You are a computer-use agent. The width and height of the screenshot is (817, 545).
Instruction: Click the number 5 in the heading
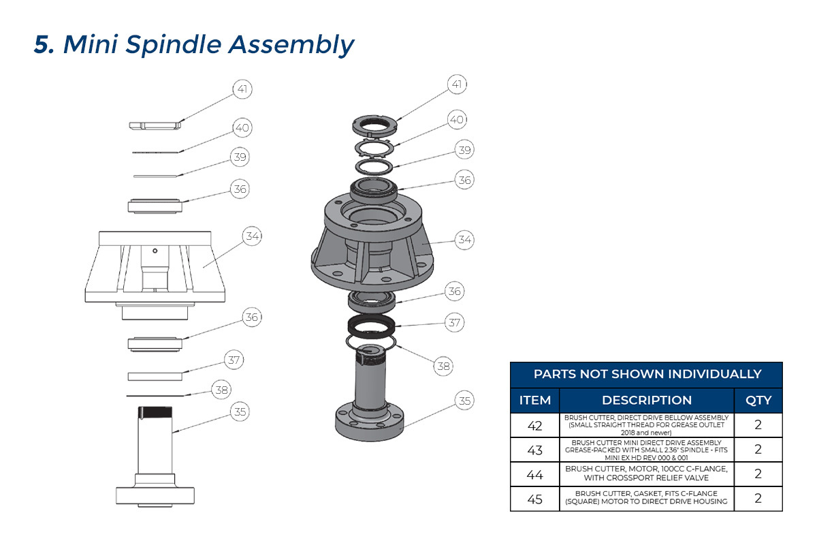pos(44,45)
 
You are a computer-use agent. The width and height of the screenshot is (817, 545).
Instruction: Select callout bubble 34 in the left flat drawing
pos(253,236)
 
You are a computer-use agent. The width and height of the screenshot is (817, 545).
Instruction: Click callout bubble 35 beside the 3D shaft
pos(464,401)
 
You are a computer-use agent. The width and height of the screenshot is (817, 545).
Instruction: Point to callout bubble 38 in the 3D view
pos(444,366)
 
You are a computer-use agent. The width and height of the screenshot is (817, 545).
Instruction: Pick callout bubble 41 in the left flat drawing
pos(242,89)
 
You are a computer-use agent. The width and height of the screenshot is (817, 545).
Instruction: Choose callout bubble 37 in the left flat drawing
pos(234,360)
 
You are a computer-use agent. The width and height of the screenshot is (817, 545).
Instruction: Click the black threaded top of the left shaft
pos(156,412)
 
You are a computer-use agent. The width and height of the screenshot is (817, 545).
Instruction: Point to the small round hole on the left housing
pos(156,251)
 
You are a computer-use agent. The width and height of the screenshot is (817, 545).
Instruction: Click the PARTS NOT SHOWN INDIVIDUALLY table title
pos(647,374)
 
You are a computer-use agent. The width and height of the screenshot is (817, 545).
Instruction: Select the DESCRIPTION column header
pos(647,400)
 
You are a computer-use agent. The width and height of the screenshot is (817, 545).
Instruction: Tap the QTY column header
pos(758,400)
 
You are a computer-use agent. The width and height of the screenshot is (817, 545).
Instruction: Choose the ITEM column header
pos(534,400)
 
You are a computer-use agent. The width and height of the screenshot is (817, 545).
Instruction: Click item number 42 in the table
pos(534,425)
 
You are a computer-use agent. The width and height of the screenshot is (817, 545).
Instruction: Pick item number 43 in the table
pos(534,450)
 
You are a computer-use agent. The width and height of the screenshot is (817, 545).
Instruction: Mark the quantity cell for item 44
pos(758,474)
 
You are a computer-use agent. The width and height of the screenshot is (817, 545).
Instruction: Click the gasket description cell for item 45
pos(647,498)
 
